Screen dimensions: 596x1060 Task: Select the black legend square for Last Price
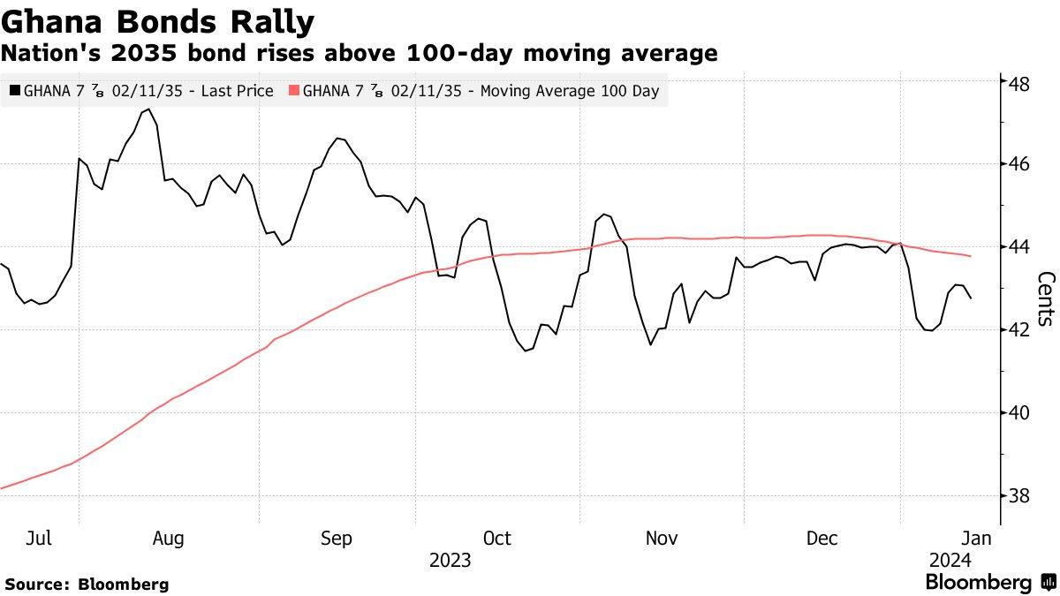coord(14,91)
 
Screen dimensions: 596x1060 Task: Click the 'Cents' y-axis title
coord(1045,298)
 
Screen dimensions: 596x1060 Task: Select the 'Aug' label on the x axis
coord(169,539)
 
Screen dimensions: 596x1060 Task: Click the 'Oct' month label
coord(496,539)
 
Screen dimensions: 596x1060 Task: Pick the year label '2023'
coord(450,561)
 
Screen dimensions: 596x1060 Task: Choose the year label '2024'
coord(950,561)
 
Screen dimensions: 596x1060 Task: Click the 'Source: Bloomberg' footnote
coord(87,584)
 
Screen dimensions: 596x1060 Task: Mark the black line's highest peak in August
coord(148,109)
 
